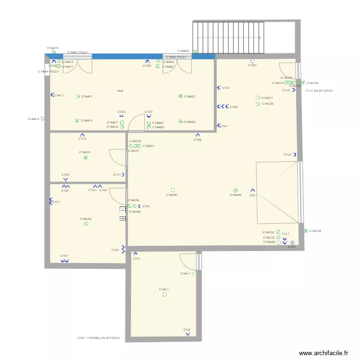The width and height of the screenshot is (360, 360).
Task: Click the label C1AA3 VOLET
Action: (77, 52)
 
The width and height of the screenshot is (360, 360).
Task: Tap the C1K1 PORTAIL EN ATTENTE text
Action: (98, 338)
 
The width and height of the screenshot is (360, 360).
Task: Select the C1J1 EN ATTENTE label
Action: (319, 90)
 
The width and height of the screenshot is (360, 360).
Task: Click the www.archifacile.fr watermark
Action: (324, 353)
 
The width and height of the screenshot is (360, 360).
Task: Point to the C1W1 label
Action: (252, 65)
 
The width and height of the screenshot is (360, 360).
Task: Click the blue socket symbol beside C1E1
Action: (218, 88)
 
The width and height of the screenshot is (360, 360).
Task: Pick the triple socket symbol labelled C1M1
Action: (222, 107)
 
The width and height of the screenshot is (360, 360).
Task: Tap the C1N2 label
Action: (197, 140)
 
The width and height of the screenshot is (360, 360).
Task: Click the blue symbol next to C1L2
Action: (295, 155)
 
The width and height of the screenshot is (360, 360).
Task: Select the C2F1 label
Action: (253, 195)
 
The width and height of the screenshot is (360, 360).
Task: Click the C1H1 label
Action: (146, 206)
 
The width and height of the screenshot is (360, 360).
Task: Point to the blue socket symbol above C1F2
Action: (82, 134)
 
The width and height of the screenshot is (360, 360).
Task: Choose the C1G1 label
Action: (65, 175)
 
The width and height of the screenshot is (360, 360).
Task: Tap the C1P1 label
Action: (56, 202)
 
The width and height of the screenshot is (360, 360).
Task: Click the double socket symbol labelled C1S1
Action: (64, 261)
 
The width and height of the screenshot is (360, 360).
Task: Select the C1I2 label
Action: (187, 330)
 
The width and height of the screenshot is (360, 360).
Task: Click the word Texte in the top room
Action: (120, 91)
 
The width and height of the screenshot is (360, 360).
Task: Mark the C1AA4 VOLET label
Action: (48, 72)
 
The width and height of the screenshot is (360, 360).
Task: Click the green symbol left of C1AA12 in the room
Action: (77, 120)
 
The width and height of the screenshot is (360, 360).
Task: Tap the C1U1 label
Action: (292, 247)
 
